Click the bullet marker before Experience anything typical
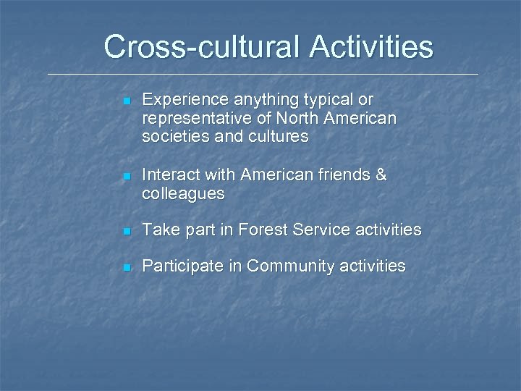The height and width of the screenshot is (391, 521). coord(126,100)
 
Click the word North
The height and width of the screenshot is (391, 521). coord(295,117)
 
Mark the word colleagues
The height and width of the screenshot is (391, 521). coord(183,194)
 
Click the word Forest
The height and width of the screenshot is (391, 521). coord(263,230)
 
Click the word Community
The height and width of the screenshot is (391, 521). coord(294,266)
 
